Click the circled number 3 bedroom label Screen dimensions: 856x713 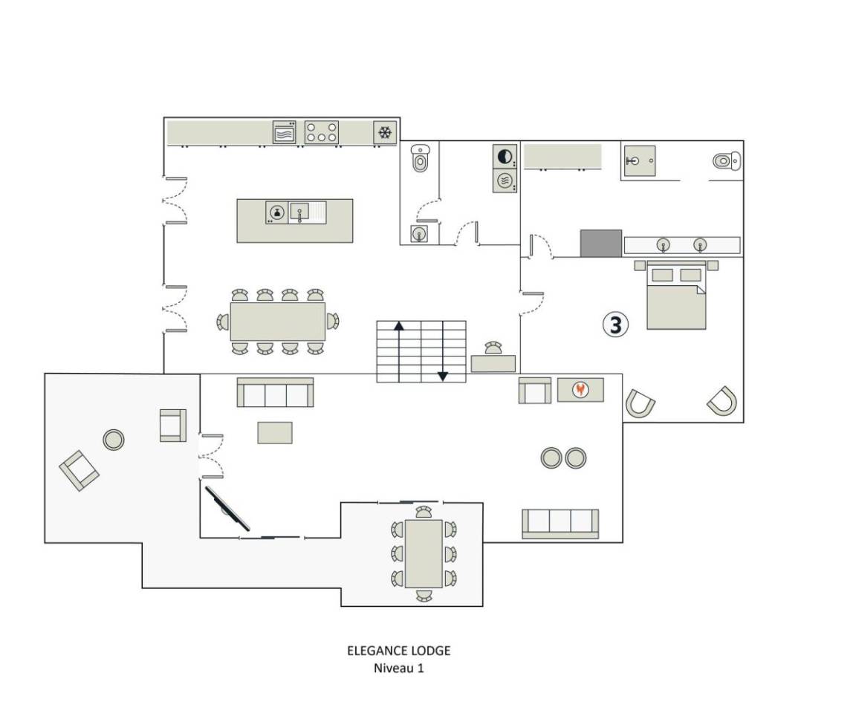pos(615,325)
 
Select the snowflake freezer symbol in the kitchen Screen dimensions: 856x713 pos(385,132)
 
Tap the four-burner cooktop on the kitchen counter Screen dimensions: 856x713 pos(322,132)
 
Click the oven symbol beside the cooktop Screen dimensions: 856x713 pos(284,132)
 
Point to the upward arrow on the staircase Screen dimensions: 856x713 pos(399,351)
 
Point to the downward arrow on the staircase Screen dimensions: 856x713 pos(443,351)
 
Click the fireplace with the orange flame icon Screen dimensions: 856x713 pos(580,390)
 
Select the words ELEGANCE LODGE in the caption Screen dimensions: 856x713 pos(399,651)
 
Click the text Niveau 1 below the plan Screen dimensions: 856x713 pos(398,668)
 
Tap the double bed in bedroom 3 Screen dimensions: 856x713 pos(676,295)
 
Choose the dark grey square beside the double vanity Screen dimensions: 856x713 pos(600,244)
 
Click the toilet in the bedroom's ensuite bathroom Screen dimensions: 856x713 pos(727,161)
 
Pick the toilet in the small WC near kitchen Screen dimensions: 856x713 pos(419,158)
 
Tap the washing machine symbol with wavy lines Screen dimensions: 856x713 pos(505,180)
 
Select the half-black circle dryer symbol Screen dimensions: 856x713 pos(505,157)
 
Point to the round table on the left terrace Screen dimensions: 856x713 pos(114,439)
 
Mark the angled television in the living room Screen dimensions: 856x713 pos(227,509)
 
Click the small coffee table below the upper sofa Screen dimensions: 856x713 pos(275,432)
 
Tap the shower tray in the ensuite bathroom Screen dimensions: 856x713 pos(640,161)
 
